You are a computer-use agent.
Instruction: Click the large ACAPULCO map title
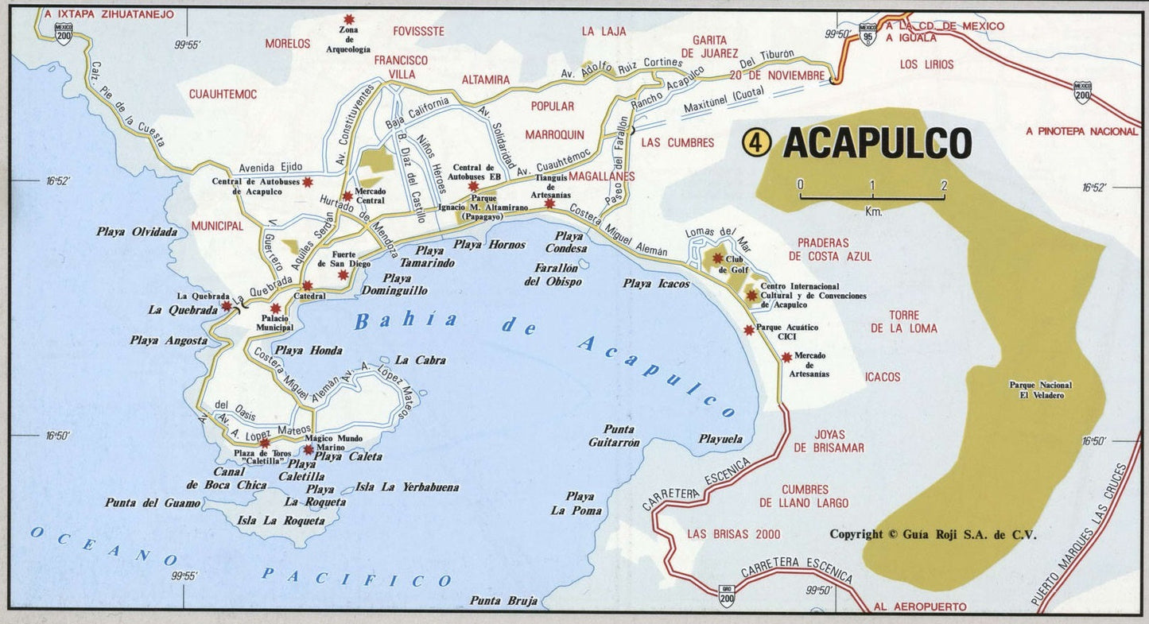(x=877, y=143)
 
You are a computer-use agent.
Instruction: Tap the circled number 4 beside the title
(x=756, y=143)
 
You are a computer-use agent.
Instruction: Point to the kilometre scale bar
(x=871, y=195)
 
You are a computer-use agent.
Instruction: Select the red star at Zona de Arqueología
(x=348, y=19)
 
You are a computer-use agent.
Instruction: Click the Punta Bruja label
(x=503, y=600)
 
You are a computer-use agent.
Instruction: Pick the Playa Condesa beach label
(x=570, y=242)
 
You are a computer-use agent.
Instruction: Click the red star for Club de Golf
(x=717, y=258)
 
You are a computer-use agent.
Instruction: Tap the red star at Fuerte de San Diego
(x=343, y=275)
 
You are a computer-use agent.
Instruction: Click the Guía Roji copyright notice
(x=933, y=534)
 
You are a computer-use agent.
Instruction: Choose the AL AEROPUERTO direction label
(x=919, y=607)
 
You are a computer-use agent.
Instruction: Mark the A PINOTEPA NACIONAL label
(x=1081, y=131)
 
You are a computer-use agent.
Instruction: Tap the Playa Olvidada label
(x=137, y=232)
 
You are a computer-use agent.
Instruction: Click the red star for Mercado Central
(x=347, y=196)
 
